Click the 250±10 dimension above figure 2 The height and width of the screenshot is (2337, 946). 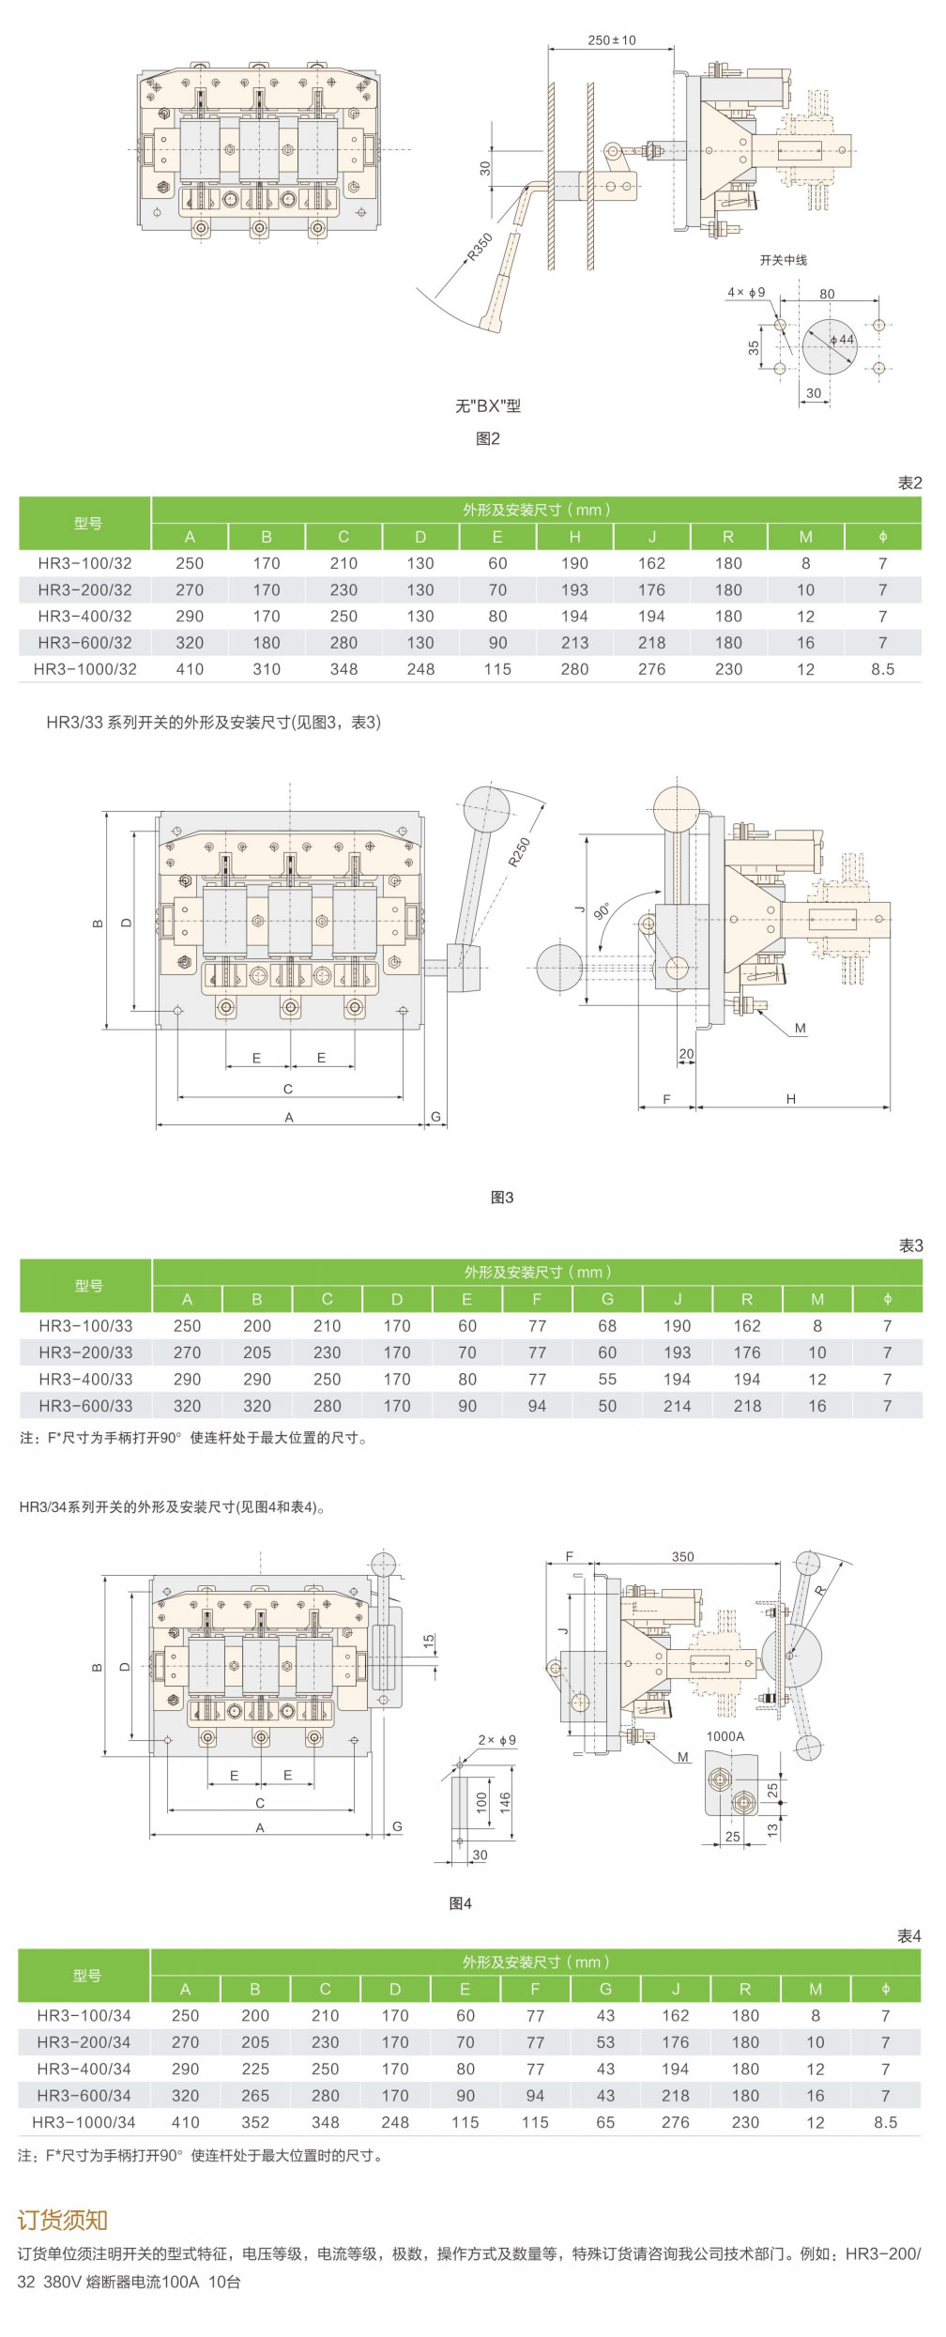coord(611,40)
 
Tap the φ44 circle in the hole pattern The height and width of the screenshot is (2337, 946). coord(830,344)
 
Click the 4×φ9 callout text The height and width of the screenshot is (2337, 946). coord(746,292)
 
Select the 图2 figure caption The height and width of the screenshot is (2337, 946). coord(488,438)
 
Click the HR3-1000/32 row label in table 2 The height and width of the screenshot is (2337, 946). coord(85,669)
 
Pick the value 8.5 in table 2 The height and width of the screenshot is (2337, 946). coord(882,669)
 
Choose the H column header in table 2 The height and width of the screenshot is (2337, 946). coord(574,537)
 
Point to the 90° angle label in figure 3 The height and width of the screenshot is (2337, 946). coord(603,910)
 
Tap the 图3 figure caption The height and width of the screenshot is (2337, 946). coord(502,1197)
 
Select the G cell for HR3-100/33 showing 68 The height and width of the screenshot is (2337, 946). coord(607,1325)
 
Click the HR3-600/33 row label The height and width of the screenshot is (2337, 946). coord(85,1405)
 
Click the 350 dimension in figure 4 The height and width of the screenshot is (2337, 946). coord(682,1556)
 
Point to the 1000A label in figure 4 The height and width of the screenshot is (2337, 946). coord(725,1735)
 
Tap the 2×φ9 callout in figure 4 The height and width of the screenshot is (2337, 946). coord(496,1739)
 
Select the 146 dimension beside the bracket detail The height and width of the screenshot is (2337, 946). coord(505,1801)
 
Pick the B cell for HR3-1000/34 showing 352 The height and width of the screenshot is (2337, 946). coord(255,2122)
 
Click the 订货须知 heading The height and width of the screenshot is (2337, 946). coord(63,2220)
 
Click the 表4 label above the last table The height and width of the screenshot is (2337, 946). coord(909,1935)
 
